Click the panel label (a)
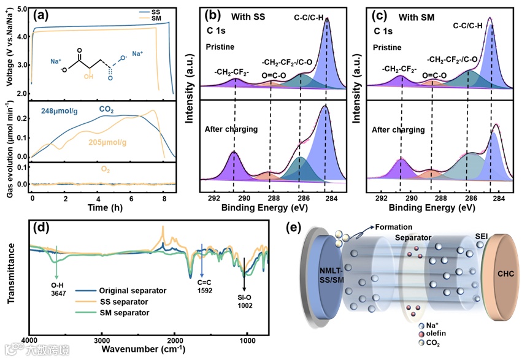[x=44, y=13]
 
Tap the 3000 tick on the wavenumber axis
[x=102, y=339]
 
